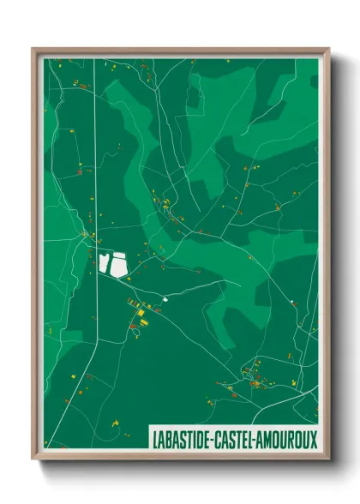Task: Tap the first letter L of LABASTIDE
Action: (x=153, y=438)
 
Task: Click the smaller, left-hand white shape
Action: (x=105, y=263)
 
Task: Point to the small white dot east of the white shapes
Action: (x=164, y=299)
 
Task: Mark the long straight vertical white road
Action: (x=96, y=171)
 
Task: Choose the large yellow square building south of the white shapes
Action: (x=143, y=321)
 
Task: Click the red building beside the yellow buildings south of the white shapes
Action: (x=134, y=325)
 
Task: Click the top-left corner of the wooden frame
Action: (x=33, y=49)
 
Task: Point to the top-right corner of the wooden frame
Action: (x=328, y=49)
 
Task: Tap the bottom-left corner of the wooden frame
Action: (x=33, y=459)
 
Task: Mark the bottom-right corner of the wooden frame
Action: (x=328, y=459)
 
